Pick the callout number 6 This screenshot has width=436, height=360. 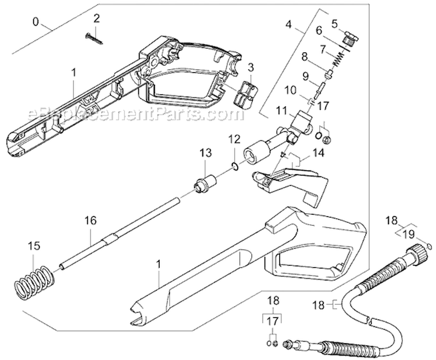319,30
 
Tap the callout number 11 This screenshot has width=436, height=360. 281,110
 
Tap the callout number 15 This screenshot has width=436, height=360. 35,246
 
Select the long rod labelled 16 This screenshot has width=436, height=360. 116,239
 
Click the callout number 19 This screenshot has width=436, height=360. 408,234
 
